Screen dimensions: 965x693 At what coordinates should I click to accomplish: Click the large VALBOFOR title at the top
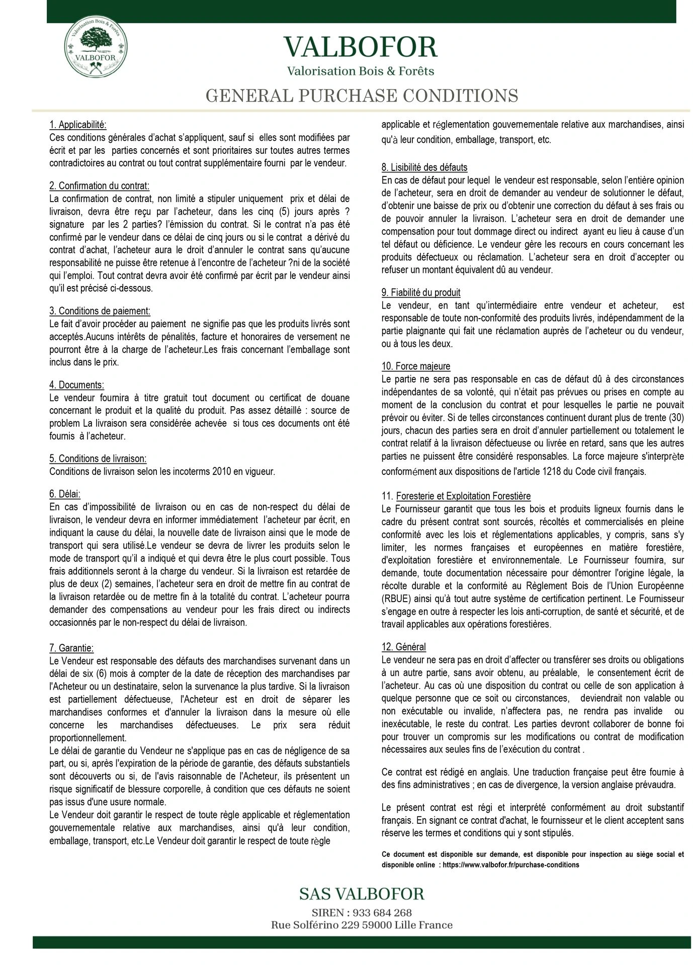[361, 47]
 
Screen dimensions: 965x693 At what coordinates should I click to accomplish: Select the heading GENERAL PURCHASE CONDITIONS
[362, 95]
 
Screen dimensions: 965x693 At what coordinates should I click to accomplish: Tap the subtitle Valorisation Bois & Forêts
[361, 71]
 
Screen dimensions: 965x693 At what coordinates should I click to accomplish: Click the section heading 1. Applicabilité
[78, 124]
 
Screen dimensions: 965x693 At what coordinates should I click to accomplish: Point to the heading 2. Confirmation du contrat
[100, 185]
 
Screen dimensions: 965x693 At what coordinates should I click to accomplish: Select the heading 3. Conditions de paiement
[100, 311]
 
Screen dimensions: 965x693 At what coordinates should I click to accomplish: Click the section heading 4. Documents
[77, 385]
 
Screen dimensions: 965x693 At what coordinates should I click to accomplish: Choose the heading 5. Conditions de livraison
[98, 458]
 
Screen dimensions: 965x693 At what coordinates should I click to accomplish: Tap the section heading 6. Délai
[65, 494]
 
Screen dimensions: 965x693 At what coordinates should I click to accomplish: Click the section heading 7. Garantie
[71, 648]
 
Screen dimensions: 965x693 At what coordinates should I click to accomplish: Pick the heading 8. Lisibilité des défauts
[424, 167]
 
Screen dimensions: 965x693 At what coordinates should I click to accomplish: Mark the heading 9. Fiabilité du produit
[421, 293]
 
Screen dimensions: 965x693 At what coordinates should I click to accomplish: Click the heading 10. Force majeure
[416, 366]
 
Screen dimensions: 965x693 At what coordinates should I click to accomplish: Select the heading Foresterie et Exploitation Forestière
[463, 496]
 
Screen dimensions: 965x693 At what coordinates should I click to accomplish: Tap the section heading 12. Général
[404, 647]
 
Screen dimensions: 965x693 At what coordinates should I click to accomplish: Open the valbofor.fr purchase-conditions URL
[510, 865]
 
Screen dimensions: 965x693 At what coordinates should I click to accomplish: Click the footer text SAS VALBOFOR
[362, 893]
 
